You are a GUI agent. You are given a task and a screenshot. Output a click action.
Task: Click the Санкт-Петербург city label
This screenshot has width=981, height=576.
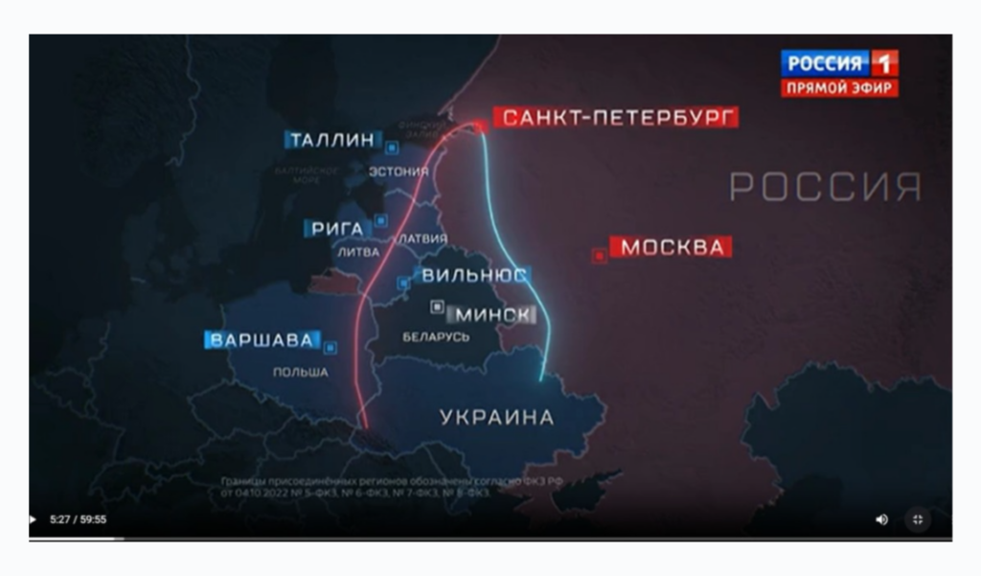pos(615,118)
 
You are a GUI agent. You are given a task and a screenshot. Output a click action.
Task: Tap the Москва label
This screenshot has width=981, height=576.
pos(671,247)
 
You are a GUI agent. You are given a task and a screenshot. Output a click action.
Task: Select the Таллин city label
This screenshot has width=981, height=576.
pos(331,140)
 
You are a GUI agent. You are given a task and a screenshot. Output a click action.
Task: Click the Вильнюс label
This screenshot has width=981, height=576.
pos(474,275)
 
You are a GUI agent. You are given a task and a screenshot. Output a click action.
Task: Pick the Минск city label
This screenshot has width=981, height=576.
pos(493,314)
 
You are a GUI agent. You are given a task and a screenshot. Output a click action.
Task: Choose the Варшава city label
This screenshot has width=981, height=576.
pos(261,340)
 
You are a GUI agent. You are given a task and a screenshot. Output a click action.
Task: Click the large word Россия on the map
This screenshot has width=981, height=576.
pos(825,187)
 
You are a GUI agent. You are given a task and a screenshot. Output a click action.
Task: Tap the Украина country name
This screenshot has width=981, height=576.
pos(496,417)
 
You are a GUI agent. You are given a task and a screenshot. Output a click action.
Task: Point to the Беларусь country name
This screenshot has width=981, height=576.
pos(436,337)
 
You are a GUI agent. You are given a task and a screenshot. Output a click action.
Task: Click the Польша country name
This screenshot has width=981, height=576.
pos(300,372)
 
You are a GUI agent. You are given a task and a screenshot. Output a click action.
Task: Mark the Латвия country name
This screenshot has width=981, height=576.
pos(423,238)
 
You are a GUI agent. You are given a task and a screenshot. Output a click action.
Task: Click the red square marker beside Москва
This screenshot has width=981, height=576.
pos(599,255)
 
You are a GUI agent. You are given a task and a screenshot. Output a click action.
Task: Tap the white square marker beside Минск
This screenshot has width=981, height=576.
pos(437,307)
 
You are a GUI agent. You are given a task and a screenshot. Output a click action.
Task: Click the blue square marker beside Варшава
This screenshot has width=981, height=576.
pos(331,347)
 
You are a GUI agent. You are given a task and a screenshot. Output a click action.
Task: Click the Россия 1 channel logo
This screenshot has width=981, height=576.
pos(839,64)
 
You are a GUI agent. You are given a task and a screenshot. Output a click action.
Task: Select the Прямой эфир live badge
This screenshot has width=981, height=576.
pos(839,88)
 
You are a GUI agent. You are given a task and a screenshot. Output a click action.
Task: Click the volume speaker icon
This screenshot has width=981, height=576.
pos(881,519)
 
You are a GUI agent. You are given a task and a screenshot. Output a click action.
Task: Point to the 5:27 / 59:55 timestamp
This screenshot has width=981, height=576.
pos(78,520)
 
